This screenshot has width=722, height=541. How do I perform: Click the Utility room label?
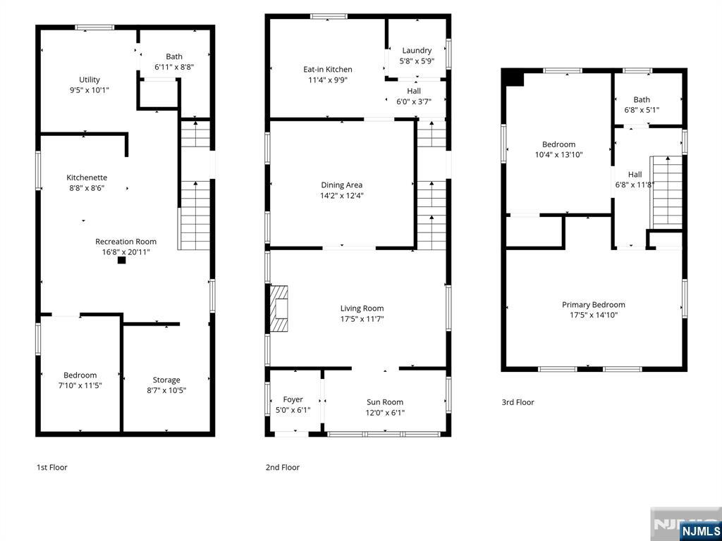point(90,80)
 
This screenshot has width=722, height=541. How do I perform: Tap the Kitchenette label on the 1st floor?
point(87,178)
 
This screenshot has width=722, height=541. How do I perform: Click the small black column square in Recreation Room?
point(121,260)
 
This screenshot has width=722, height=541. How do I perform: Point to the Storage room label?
point(166,380)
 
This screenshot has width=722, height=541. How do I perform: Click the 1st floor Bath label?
point(174,57)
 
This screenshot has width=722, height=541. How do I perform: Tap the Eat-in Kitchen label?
point(327,70)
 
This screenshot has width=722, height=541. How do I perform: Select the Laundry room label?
point(417,51)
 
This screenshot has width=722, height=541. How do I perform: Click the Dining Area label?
point(341,185)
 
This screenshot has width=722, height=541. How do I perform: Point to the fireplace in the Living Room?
point(280,308)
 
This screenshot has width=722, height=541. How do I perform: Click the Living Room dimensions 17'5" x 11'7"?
point(362,318)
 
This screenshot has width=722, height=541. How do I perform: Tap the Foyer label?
point(293,399)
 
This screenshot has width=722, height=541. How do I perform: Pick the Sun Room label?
point(385,402)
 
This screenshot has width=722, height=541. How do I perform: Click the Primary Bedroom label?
point(593,305)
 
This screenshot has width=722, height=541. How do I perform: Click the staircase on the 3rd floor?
point(666,192)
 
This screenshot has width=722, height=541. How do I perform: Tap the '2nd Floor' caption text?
point(282,467)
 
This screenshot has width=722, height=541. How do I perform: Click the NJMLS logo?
point(700,530)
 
